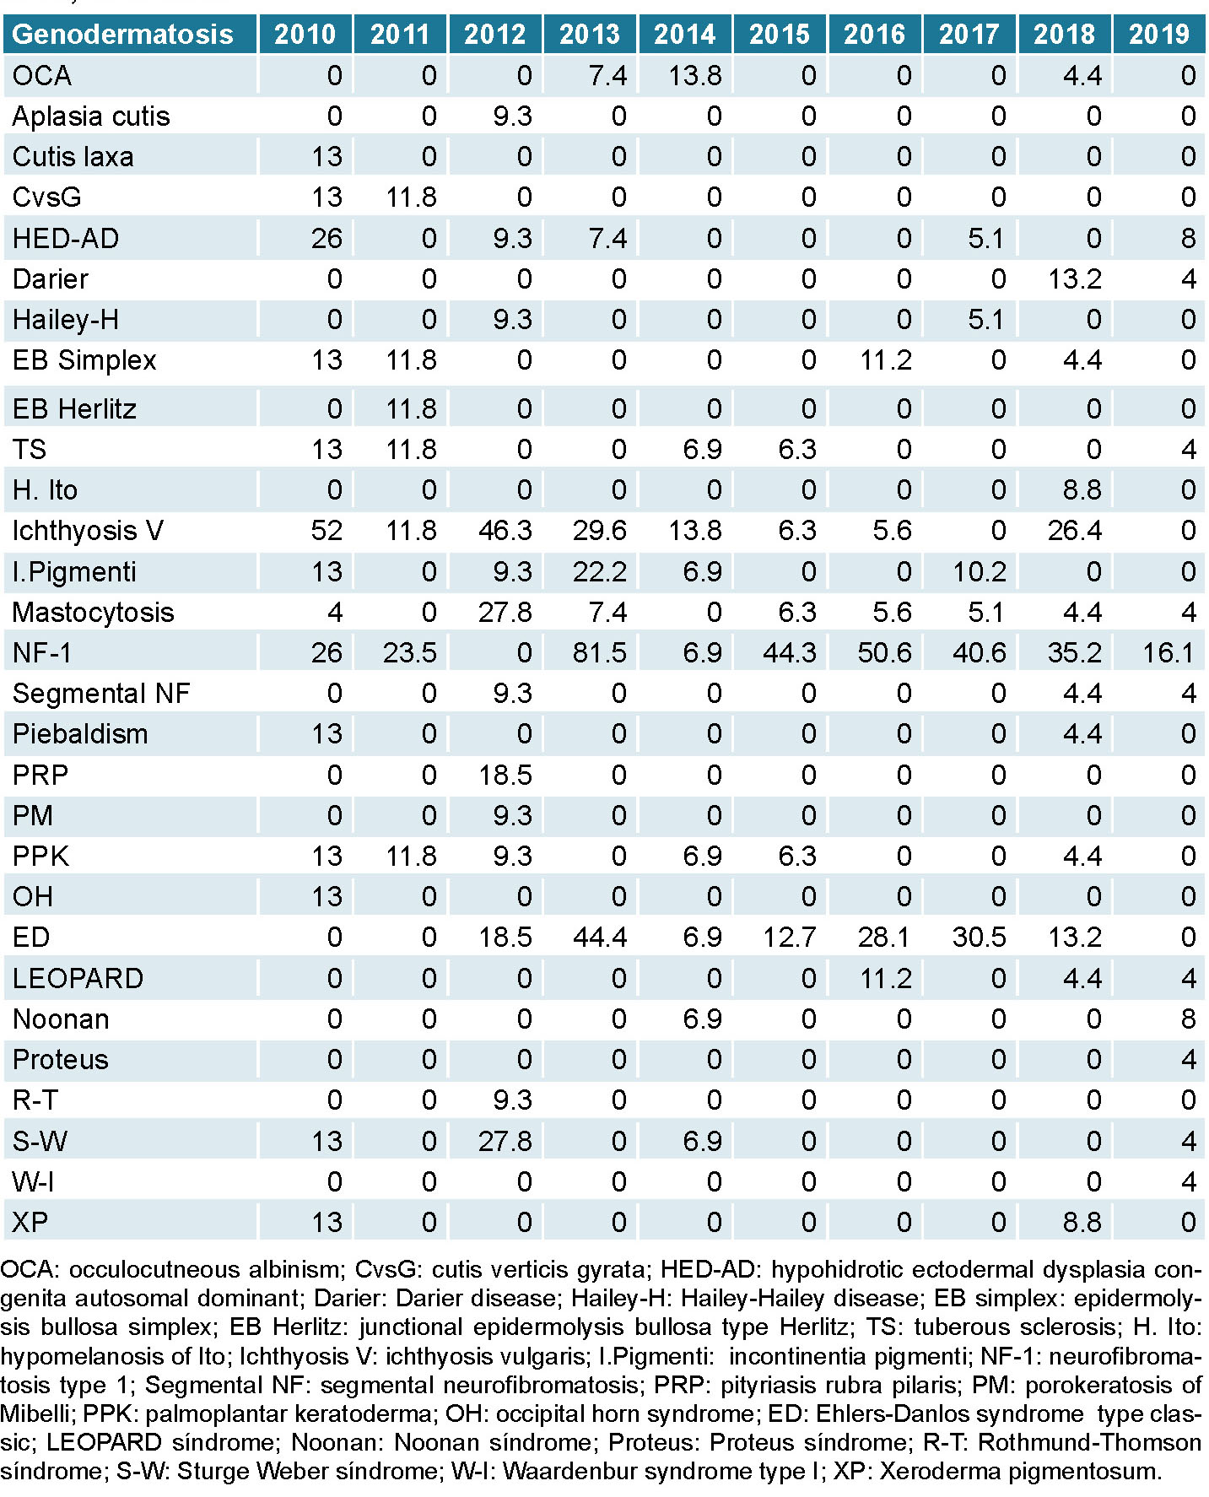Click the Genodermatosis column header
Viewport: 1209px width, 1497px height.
[123, 35]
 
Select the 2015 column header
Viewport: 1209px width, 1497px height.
[779, 35]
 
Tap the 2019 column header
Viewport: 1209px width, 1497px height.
[1158, 35]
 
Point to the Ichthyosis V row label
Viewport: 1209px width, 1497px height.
[88, 531]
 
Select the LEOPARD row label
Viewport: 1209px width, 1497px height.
[78, 978]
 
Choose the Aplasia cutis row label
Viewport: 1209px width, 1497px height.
[91, 116]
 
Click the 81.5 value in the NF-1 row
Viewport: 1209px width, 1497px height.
[599, 652]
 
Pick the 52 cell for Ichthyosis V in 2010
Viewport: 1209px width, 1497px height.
[327, 531]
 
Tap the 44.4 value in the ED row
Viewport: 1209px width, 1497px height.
[599, 938]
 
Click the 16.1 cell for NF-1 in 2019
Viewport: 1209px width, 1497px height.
[1168, 652]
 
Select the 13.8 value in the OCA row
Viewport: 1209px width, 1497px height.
[694, 76]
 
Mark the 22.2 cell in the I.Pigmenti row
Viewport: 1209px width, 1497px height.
[599, 571]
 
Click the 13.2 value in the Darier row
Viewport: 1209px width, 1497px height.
[1074, 279]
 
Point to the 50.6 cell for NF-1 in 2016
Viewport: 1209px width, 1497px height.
[884, 652]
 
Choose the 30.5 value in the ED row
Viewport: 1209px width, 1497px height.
[979, 938]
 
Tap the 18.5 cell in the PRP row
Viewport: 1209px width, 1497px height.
[505, 775]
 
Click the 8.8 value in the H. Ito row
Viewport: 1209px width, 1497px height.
[1082, 490]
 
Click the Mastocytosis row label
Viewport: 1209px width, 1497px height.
[93, 612]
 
